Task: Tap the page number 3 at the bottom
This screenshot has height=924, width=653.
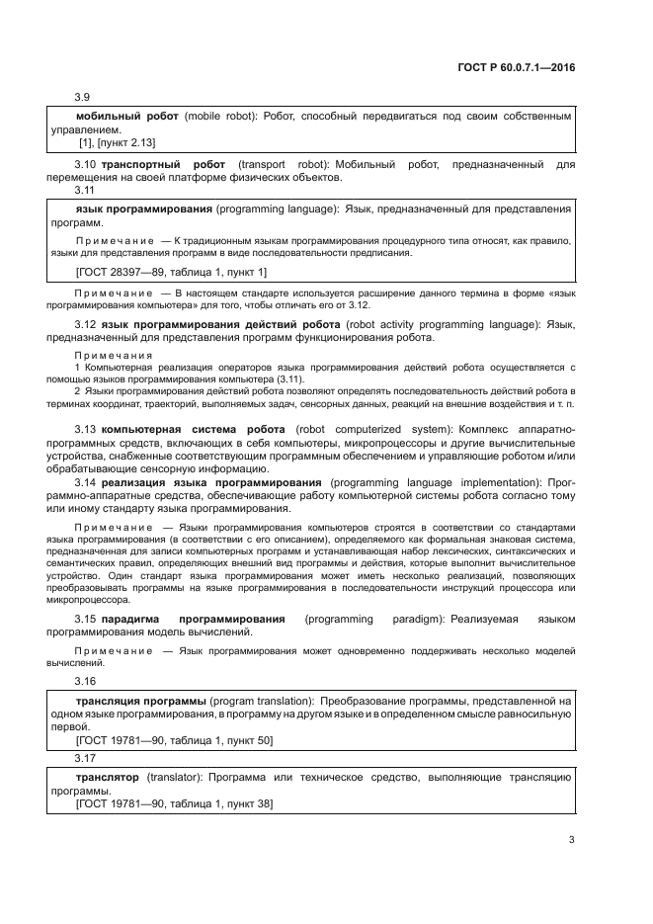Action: point(571,840)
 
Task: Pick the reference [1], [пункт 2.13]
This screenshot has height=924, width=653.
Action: point(116,142)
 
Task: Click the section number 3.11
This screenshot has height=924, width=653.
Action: point(85,190)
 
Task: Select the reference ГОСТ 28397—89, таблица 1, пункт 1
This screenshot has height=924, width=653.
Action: point(171,271)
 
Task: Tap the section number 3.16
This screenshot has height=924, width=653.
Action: point(85,682)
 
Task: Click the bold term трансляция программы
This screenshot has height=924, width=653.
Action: point(141,700)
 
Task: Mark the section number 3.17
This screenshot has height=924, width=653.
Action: point(85,758)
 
